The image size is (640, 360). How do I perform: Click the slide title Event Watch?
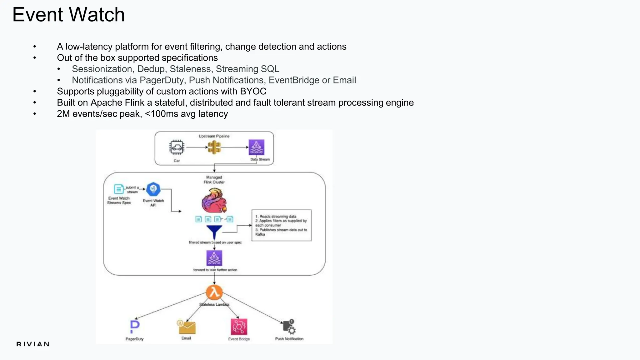click(x=68, y=15)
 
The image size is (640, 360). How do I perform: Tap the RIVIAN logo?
click(x=33, y=344)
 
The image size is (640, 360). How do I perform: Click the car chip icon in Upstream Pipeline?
click(x=177, y=147)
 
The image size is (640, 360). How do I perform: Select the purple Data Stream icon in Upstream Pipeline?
click(x=256, y=147)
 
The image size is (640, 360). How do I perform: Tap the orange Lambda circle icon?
click(x=214, y=292)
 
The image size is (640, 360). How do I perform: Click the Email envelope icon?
click(x=187, y=327)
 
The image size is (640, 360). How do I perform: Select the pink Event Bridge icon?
click(x=239, y=327)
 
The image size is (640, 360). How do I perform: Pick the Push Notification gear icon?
click(x=289, y=327)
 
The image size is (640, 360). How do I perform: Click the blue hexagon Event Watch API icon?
click(x=153, y=189)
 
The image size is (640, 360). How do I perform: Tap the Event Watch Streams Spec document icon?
click(x=119, y=189)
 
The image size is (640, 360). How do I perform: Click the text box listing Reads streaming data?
click(x=281, y=225)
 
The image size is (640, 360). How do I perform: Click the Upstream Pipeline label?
click(x=214, y=136)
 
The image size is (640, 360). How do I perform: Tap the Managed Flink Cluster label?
click(x=214, y=179)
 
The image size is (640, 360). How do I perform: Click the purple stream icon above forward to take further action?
click(x=214, y=258)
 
